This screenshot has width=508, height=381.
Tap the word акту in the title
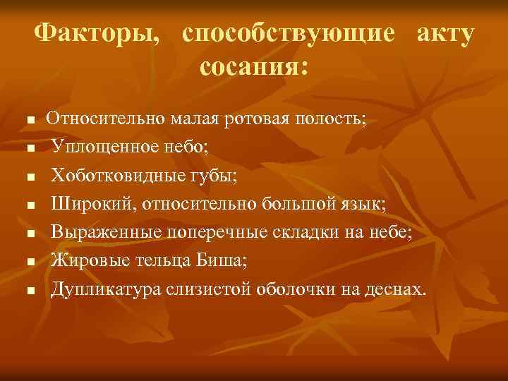pos(445,33)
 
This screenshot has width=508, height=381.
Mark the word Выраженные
pos(107,232)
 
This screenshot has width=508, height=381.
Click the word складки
pos(320,232)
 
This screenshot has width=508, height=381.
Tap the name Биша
pos(223,260)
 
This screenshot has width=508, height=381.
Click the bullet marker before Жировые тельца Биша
pos(30,262)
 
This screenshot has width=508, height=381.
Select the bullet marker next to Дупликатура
pos(30,289)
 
